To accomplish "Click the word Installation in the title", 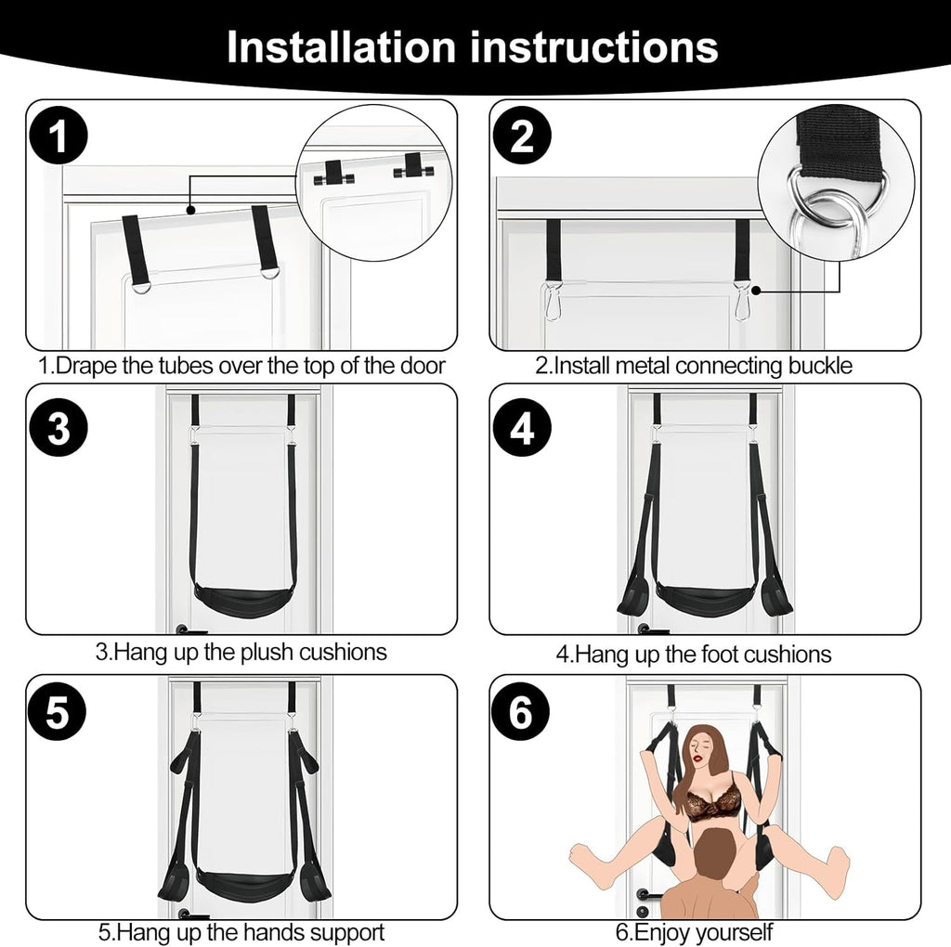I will point(341,46).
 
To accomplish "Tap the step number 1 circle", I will point(58,138).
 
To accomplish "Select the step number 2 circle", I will point(522,138).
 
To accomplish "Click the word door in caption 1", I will point(419,365).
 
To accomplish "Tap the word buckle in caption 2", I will point(818,365).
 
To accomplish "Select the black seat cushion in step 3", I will point(241,601).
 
